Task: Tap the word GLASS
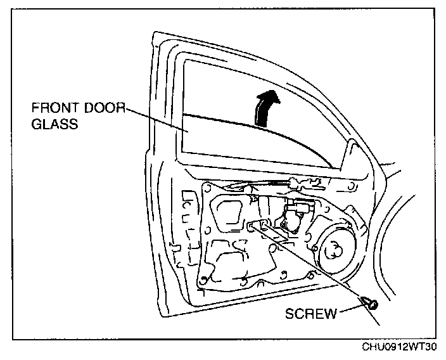(x=54, y=125)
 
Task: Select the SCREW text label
(x=311, y=313)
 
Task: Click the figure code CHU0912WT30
(x=399, y=348)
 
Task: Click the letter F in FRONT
(x=35, y=110)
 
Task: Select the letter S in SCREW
(x=290, y=313)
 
